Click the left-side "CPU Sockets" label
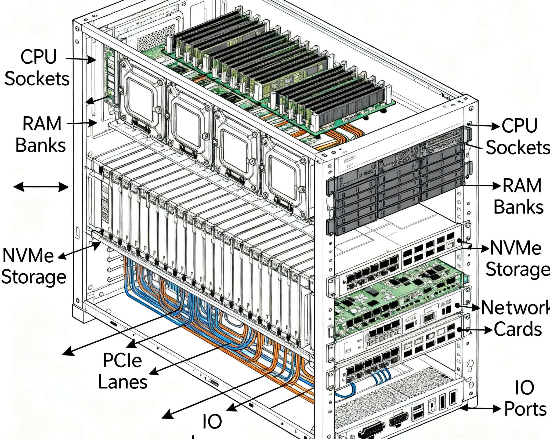[x=37, y=68]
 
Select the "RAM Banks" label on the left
[x=41, y=135]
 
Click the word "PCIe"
[x=122, y=360]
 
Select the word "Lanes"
[x=123, y=382]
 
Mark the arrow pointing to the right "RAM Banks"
[x=481, y=186]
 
